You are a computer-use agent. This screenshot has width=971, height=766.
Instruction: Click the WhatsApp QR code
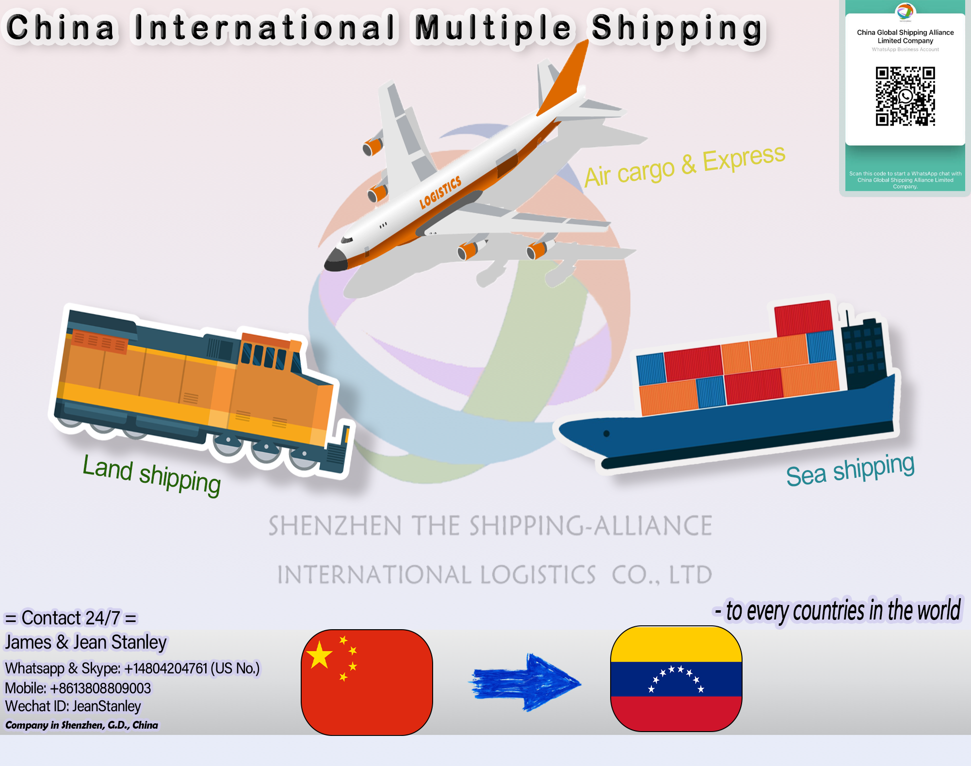tap(905, 97)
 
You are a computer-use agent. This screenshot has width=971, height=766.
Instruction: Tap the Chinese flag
tap(367, 682)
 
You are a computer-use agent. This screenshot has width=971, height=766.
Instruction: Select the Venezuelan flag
tap(676, 679)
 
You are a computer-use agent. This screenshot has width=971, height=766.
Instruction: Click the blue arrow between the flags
tap(526, 682)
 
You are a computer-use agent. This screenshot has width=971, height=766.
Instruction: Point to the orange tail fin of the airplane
tap(566, 80)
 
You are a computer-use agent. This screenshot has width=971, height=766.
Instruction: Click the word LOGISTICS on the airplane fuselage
tap(440, 192)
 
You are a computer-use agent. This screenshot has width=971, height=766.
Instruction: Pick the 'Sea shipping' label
tap(850, 470)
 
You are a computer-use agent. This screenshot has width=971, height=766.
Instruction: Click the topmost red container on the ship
tap(803, 318)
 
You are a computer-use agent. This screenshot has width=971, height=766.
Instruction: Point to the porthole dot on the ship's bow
tap(606, 434)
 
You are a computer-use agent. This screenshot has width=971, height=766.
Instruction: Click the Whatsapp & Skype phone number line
tap(132, 668)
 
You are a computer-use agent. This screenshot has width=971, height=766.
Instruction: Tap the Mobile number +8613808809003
tap(78, 688)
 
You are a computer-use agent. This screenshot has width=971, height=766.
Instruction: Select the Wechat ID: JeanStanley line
tap(73, 706)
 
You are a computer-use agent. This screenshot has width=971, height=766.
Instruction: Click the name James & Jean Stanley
tap(85, 642)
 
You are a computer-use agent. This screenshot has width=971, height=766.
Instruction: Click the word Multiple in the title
tap(493, 28)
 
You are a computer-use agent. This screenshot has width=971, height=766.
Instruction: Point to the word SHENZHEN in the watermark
tap(335, 526)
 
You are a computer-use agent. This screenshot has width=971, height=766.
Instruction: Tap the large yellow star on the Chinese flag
tap(320, 654)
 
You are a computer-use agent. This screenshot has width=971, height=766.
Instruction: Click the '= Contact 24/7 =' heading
tap(71, 618)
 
